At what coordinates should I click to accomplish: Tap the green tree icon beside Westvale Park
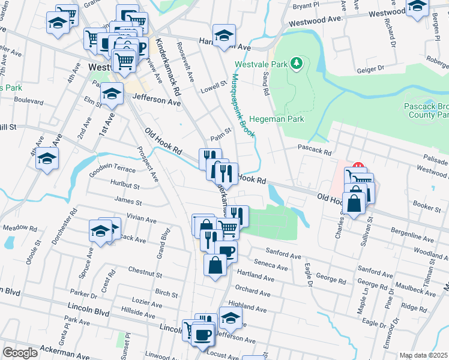[x=295, y=63]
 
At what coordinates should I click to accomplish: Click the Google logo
[x=20, y=353]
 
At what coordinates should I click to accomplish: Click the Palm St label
[x=220, y=131]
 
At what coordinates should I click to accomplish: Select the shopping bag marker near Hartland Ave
[x=215, y=265]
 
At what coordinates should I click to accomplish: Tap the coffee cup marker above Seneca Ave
[x=226, y=251]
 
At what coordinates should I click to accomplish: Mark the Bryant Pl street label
[x=306, y=7]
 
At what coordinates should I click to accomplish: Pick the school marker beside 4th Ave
[x=47, y=160]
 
